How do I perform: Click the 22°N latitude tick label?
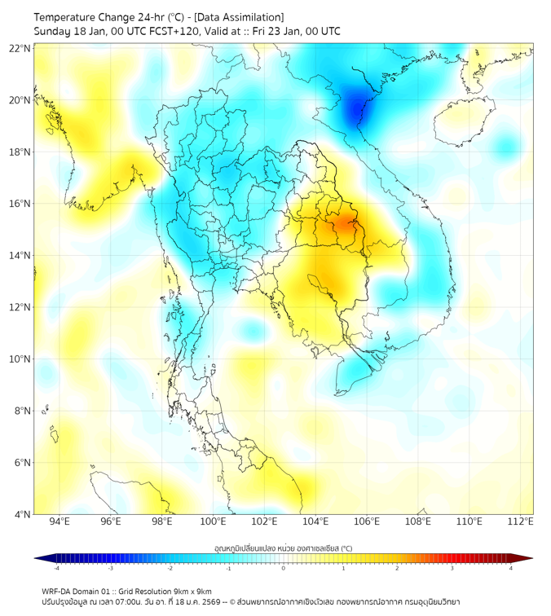pos(20,48)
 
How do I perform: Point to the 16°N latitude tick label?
pos(20,204)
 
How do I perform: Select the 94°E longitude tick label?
pos(60,521)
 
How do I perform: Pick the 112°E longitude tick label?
pos(520,521)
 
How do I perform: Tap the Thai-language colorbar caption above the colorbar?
pos(283,548)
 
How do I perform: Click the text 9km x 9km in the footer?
pos(192,592)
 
